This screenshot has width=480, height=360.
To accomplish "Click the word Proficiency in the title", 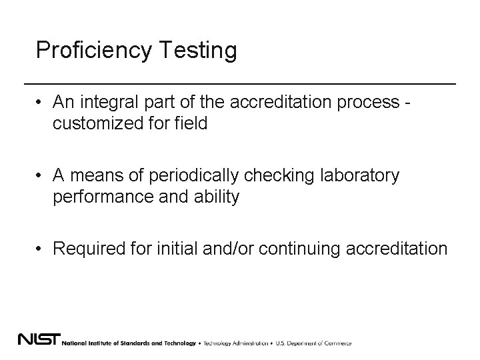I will point(93,51).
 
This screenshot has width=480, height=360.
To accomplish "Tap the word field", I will point(189,123).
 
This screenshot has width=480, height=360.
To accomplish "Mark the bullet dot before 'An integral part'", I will point(41,103).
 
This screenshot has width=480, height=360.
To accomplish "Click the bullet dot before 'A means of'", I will point(41,177).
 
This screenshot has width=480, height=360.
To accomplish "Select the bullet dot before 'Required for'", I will point(41,249).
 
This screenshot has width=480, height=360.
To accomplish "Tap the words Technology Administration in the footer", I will point(235,343).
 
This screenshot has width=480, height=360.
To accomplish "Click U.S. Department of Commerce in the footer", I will point(313,343).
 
